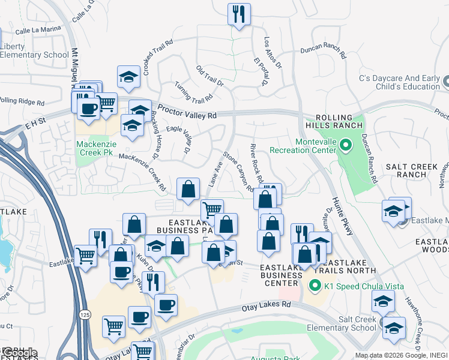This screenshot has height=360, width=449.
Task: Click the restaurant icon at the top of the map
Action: [240, 14]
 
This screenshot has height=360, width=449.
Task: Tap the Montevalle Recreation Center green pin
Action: [346, 145]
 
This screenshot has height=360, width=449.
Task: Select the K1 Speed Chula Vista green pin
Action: [313, 285]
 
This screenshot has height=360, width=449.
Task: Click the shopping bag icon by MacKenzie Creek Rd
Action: [188, 188]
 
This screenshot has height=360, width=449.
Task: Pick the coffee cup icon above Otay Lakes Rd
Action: [166, 304]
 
